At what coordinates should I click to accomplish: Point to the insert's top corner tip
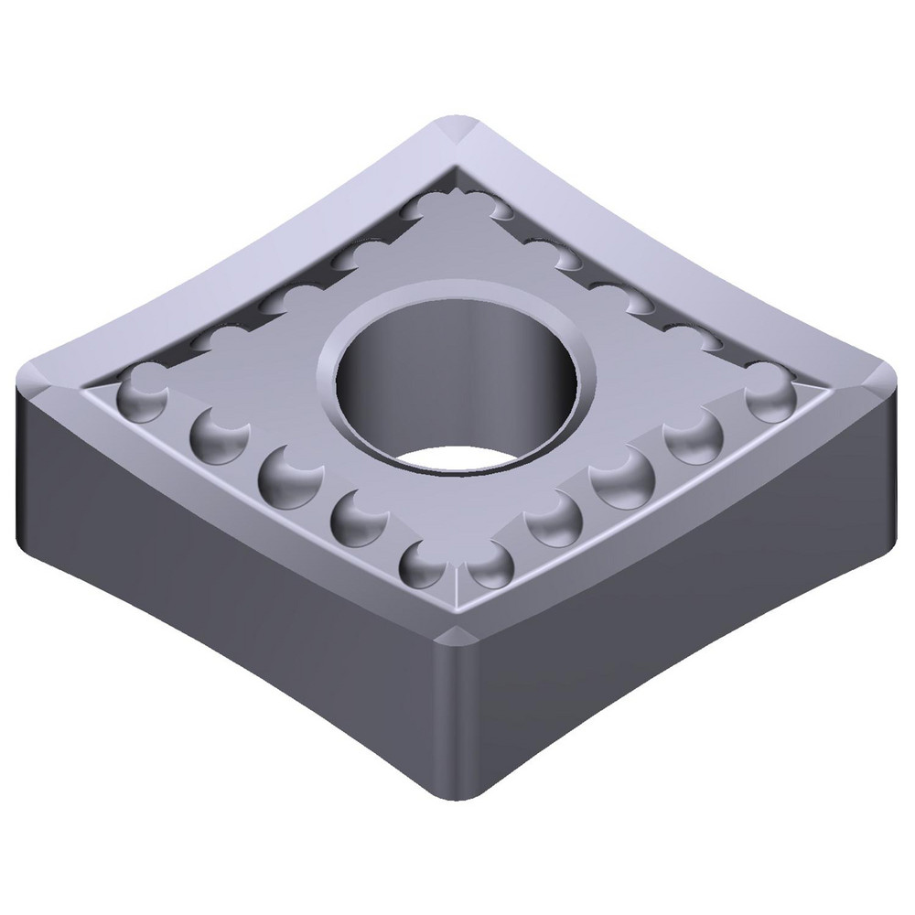coord(457,124)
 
